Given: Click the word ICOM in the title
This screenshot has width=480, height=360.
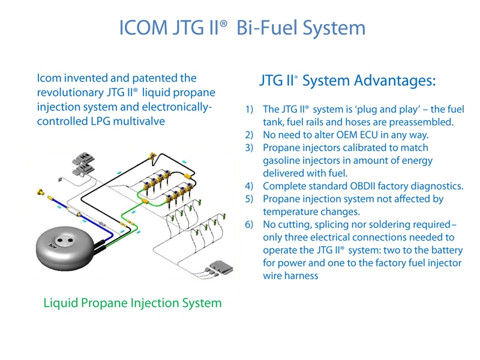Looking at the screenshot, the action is click(143, 28).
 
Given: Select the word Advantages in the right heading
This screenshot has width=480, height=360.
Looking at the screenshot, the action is click(395, 81).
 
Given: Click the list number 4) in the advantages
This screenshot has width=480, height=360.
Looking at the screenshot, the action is click(249, 186).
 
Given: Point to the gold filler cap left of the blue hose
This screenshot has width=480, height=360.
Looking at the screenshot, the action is click(40, 192).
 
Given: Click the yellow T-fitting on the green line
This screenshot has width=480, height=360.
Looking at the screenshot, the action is click(144, 201).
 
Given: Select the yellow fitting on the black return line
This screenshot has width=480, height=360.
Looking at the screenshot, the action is click(187, 176).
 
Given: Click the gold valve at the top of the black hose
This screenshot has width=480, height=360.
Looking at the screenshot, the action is click(152, 157).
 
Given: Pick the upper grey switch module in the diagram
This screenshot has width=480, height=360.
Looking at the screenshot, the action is click(83, 158).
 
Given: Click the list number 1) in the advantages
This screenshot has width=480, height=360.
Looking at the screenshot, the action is click(249, 109).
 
